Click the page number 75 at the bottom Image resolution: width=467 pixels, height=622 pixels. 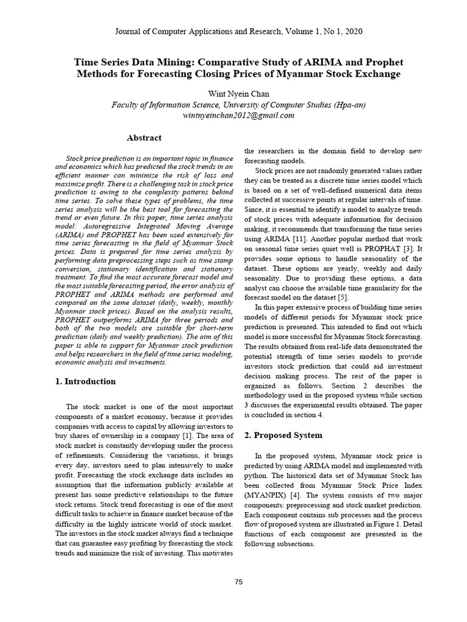click(239, 582)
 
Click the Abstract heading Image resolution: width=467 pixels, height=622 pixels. click(144, 138)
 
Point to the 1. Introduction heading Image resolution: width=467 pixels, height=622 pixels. click(85, 381)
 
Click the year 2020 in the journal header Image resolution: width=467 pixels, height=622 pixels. click(354, 31)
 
